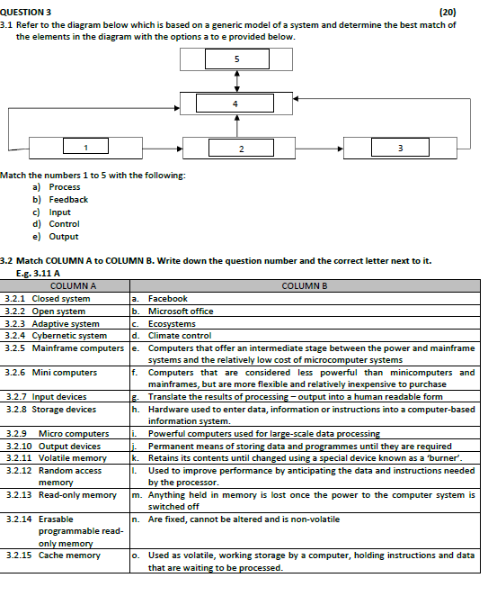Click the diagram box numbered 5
(237, 59)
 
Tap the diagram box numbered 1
(85, 148)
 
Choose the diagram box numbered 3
(399, 148)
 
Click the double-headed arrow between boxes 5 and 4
(237, 81)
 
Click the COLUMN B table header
(305, 286)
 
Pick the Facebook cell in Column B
(167, 298)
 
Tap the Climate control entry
(179, 336)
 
